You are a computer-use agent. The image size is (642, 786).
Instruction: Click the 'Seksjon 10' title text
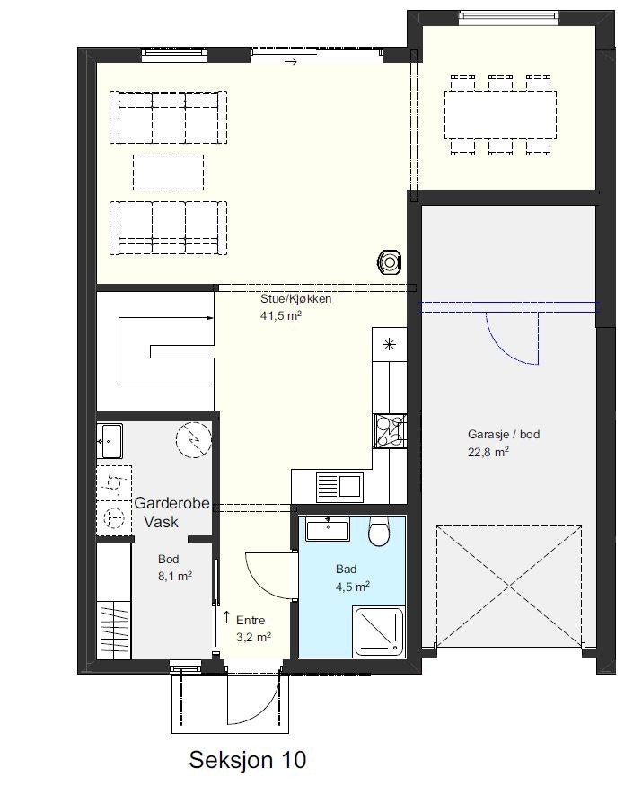point(247,760)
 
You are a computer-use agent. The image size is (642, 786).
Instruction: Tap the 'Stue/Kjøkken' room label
point(295,299)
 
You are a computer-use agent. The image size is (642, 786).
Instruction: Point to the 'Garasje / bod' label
point(503,435)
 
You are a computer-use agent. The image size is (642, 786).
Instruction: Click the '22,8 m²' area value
point(488,453)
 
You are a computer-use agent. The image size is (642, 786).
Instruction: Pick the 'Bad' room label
point(347,570)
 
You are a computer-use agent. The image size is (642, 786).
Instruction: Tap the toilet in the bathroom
point(379,534)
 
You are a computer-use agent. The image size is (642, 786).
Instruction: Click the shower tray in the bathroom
point(378,631)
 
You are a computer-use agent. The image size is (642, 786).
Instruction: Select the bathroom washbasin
point(329,529)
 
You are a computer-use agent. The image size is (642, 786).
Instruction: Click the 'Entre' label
point(251,620)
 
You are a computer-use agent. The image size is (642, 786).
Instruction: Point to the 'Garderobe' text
point(171,504)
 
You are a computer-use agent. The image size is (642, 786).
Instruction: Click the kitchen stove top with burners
point(390,430)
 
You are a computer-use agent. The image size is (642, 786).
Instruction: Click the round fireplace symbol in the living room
point(390,261)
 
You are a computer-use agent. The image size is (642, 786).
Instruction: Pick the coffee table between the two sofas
point(169,172)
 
